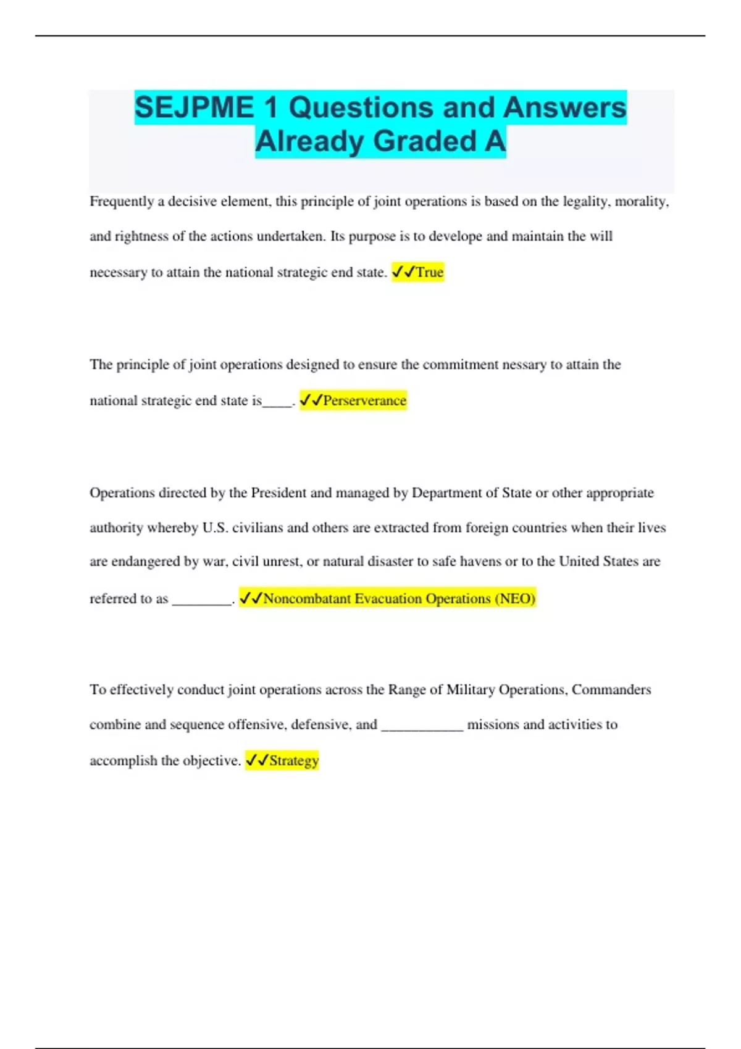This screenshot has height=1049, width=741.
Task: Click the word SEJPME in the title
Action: point(194,107)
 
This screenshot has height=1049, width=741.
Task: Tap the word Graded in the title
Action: point(425,141)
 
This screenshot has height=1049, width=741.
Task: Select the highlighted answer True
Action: point(430,272)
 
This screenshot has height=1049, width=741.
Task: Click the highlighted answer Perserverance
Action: point(364,400)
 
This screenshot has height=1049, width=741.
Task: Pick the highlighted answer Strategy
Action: point(294,760)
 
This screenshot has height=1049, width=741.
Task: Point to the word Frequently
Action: point(122,202)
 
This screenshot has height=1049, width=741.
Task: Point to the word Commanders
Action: point(611,689)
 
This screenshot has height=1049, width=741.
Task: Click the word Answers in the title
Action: point(564,107)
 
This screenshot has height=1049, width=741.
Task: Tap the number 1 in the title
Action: point(271,107)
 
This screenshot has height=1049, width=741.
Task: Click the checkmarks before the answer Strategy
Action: point(257,760)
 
